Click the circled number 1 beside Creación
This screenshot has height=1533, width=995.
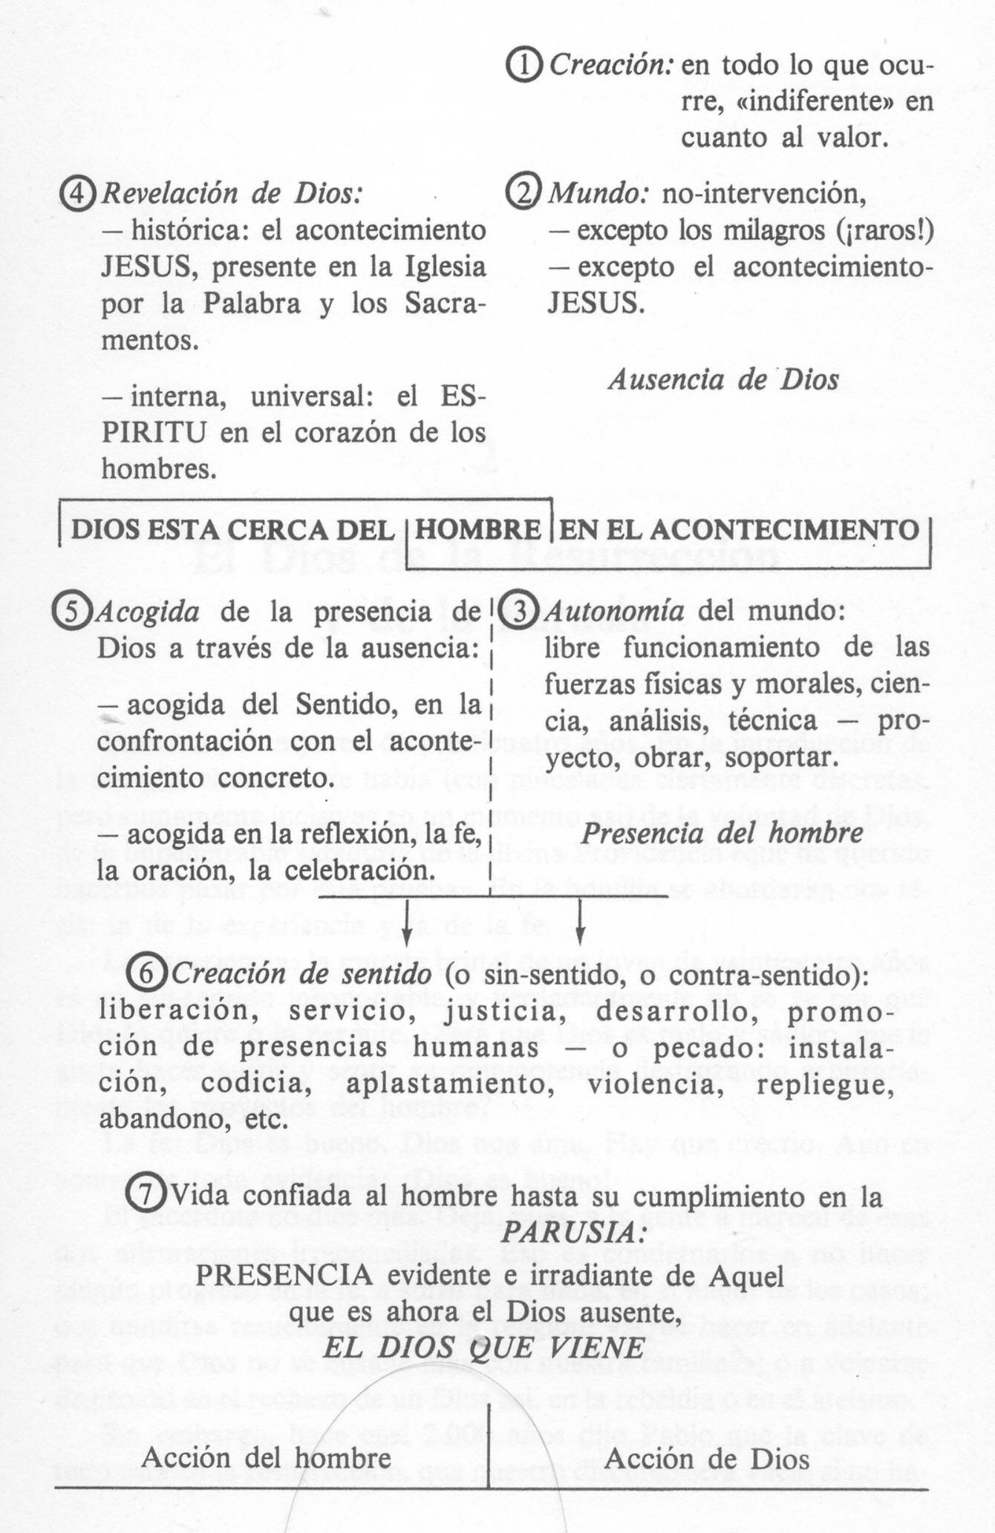point(526,66)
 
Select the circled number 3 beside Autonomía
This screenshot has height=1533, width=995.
point(521,610)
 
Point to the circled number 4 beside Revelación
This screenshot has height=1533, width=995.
point(78,194)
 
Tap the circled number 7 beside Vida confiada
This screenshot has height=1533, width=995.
point(146,1195)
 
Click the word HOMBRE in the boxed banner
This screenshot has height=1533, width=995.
point(478,530)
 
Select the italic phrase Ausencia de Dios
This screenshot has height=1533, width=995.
point(723,380)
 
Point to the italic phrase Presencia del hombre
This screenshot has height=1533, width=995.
point(722,833)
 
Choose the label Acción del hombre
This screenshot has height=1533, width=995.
point(266,1457)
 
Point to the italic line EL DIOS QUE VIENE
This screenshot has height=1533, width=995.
point(483,1347)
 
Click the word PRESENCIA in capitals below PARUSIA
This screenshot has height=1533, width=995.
point(284,1275)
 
